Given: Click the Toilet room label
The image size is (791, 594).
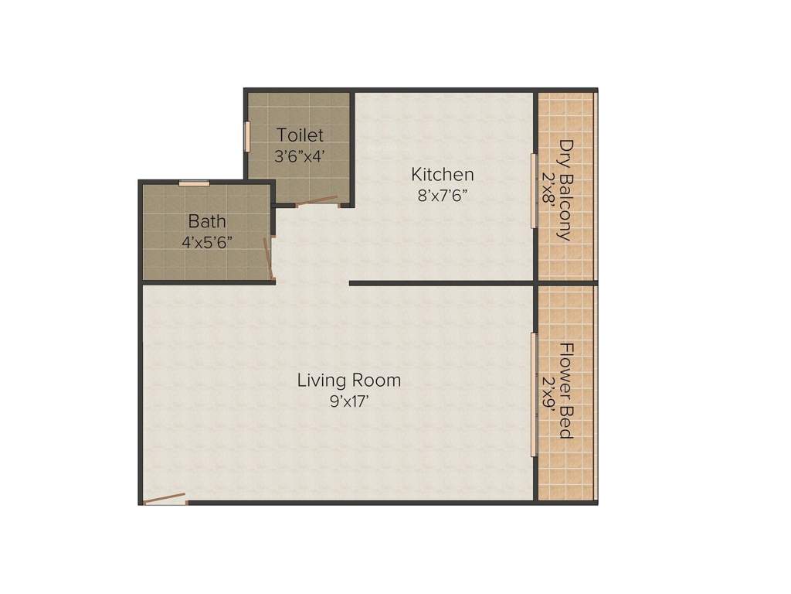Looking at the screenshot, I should pyautogui.click(x=300, y=135).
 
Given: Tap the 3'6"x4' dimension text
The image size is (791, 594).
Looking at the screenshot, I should pyautogui.click(x=300, y=155).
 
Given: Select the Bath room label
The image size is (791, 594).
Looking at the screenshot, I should pyautogui.click(x=207, y=222).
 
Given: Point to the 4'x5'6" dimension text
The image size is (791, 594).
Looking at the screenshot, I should pyautogui.click(x=207, y=241).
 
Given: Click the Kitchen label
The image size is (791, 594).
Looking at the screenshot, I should pyautogui.click(x=442, y=174).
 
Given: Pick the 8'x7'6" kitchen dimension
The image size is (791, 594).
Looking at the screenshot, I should pyautogui.click(x=442, y=195).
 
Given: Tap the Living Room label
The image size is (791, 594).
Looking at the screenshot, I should pyautogui.click(x=349, y=380).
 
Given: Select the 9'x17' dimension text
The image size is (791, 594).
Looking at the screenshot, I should pyautogui.click(x=349, y=401).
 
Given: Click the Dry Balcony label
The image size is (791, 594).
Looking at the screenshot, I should pyautogui.click(x=568, y=189).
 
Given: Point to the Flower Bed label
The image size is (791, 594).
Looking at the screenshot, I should pyautogui.click(x=566, y=391).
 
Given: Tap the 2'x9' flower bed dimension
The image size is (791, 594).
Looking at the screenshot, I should pyautogui.click(x=549, y=396).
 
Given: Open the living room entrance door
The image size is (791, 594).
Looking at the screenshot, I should pyautogui.click(x=165, y=499).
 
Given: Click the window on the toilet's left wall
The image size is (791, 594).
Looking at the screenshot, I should pyautogui.click(x=248, y=136).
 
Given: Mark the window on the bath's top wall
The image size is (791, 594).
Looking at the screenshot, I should pyautogui.click(x=194, y=183).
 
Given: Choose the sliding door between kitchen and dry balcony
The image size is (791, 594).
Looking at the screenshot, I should pyautogui.click(x=533, y=190).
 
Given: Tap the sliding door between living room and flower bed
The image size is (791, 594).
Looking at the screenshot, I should pyautogui.click(x=533, y=394).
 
